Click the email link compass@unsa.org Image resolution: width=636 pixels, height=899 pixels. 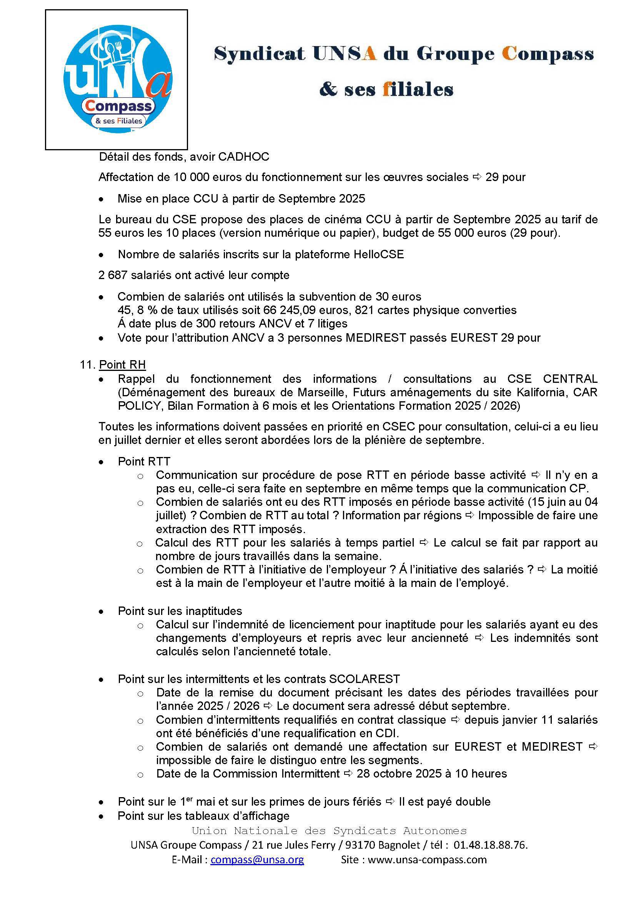[x=257, y=859]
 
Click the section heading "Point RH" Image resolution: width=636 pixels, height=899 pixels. [x=122, y=364]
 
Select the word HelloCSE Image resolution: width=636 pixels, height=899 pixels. [x=378, y=254]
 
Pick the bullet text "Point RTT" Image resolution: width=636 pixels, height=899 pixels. [x=144, y=461]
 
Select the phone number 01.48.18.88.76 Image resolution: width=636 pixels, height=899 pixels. [x=490, y=845]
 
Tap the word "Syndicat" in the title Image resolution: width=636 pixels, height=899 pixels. [x=259, y=54]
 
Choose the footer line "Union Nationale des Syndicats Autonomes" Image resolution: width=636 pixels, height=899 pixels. [x=329, y=831]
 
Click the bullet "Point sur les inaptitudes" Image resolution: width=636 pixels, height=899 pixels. [x=180, y=611]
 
